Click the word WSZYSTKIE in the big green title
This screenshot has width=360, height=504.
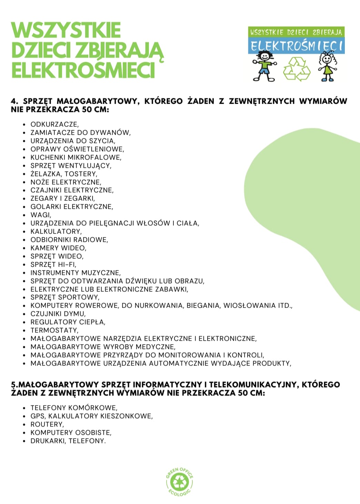66,31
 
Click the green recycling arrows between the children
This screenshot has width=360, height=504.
297,69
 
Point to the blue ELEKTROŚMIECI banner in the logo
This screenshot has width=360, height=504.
296,45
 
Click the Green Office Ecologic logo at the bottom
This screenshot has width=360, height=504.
179,482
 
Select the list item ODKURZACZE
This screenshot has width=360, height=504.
54,124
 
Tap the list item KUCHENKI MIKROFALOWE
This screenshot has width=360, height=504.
76,157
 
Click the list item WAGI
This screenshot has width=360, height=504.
41,215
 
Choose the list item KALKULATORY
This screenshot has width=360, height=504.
56,232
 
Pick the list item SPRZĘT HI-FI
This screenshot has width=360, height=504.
53,265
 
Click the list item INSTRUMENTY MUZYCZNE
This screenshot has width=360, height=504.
76,273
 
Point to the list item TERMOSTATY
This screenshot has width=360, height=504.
54,330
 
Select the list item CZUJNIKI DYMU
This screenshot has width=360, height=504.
58,314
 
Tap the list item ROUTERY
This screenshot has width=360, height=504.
47,424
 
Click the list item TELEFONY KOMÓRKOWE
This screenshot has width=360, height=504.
74,408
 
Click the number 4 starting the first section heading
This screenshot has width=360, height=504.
14,101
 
